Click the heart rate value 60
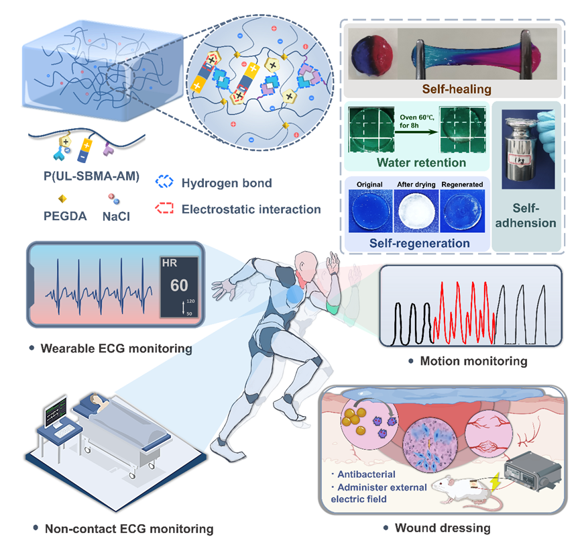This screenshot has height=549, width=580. [x=179, y=285]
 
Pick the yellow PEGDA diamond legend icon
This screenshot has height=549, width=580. [x=62, y=199]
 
